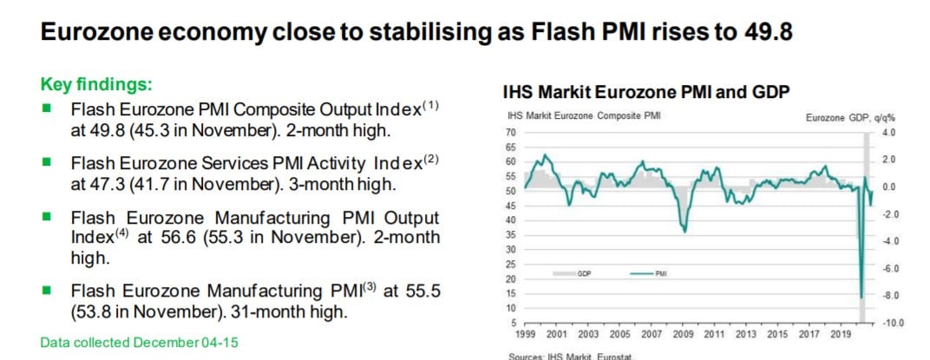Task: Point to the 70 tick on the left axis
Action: (x=510, y=133)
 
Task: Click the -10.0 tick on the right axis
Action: (x=894, y=323)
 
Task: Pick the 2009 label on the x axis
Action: (x=683, y=334)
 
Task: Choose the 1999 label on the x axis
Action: (x=526, y=334)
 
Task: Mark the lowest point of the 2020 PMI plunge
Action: (x=861, y=298)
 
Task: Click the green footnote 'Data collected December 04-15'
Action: (x=139, y=343)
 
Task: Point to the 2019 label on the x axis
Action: (x=841, y=334)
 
